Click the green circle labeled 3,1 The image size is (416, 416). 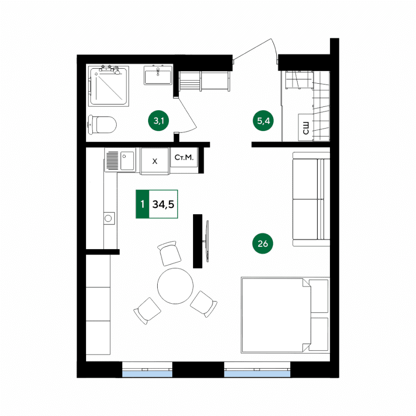158,121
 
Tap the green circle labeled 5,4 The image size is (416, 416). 263,121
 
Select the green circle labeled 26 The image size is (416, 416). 263,243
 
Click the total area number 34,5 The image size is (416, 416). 163,204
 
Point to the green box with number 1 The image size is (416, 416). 143,204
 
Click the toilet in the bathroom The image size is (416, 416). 103,125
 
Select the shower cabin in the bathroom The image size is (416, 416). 108,86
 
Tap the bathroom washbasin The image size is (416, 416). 158,75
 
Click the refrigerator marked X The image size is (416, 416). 155,161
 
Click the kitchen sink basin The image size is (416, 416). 127,161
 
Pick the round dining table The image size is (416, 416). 176,286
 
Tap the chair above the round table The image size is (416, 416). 169,253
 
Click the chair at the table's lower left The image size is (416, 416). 147,311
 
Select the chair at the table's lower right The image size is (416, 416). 204,304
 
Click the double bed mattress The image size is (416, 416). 276,315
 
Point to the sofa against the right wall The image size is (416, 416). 311,199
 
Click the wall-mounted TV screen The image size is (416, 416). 208,241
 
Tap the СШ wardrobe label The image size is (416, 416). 306,128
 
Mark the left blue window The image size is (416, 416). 147,374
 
